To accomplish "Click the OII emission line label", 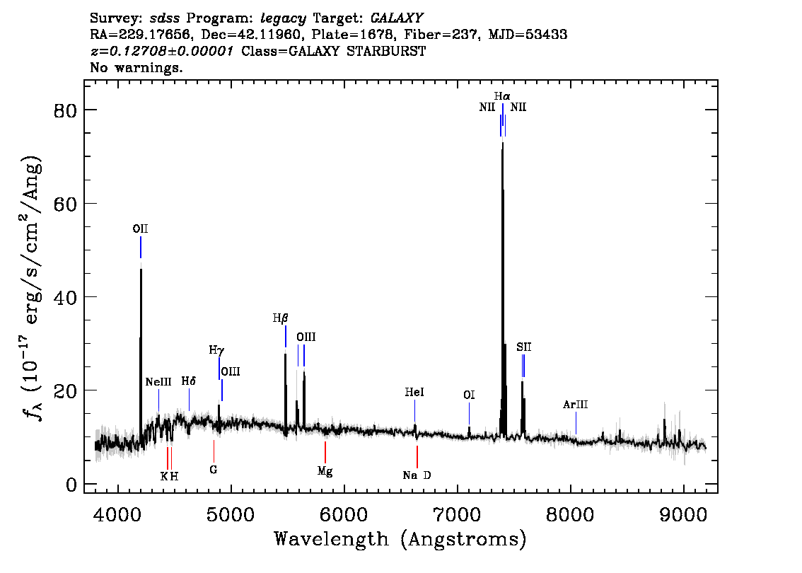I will [x=140, y=228].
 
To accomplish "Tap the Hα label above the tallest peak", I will [x=502, y=95].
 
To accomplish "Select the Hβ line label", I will [x=281, y=318].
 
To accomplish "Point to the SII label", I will [x=523, y=347].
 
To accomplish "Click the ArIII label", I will [x=575, y=405].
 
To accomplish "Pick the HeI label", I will [x=414, y=392].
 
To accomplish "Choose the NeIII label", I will [x=158, y=382].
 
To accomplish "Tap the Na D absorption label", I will [x=417, y=475].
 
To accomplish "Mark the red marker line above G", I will [x=214, y=450].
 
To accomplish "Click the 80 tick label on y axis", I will [x=62, y=110].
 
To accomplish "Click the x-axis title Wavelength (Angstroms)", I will [x=400, y=540].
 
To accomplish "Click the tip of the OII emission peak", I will [x=141, y=270].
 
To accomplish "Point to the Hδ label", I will [x=188, y=381].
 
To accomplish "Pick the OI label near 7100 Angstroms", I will [x=469, y=395].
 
